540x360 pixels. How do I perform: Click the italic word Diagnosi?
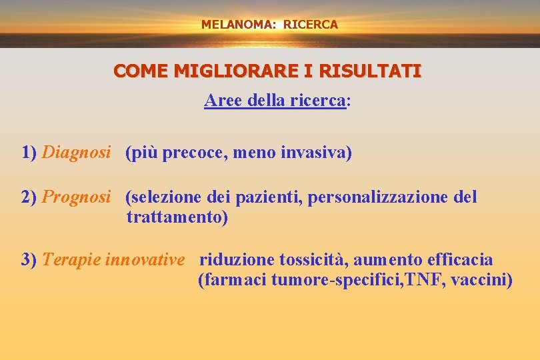pos(76,153)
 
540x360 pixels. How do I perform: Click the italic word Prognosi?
pos(76,197)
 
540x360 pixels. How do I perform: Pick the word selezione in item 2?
pos(163,197)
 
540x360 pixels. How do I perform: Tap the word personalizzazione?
pos(377,197)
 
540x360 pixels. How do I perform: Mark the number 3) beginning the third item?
pos(29,259)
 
